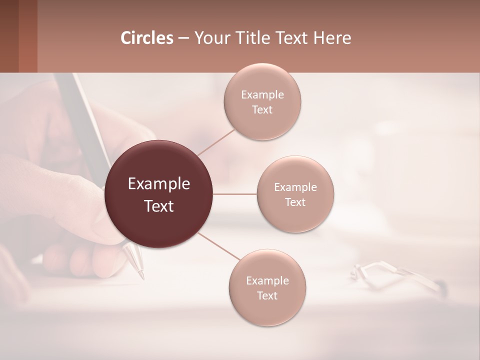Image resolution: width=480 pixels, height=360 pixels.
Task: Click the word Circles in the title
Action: tap(147, 38)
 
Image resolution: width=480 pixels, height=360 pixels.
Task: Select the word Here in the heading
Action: tap(332, 38)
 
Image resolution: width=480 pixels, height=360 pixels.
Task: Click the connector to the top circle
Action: tap(216, 142)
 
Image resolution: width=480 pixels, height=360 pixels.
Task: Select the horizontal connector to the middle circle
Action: tap(235, 194)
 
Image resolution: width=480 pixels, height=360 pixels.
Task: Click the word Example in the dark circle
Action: tap(159, 184)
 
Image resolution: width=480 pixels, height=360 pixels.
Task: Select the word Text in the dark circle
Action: tap(159, 206)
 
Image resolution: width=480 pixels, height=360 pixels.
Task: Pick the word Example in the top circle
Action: tap(262, 95)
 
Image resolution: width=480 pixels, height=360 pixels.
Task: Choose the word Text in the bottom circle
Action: tap(267, 295)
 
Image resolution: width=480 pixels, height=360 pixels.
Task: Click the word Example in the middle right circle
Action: tap(295, 187)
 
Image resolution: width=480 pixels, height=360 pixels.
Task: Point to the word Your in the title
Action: tap(211, 38)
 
